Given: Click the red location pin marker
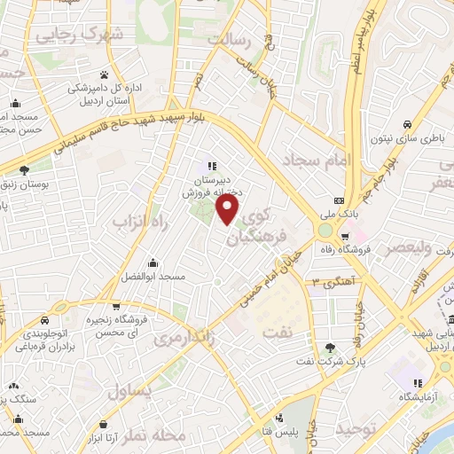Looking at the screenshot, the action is pyautogui.click(x=228, y=208).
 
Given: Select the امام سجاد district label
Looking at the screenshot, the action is pyautogui.click(x=317, y=160).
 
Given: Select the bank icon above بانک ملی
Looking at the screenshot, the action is pyautogui.click(x=338, y=200).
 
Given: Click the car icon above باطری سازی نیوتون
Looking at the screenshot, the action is pyautogui.click(x=405, y=124).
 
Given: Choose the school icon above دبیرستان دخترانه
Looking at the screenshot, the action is pyautogui.click(x=212, y=164).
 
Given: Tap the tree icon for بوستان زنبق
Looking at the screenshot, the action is pyautogui.click(x=24, y=170).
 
